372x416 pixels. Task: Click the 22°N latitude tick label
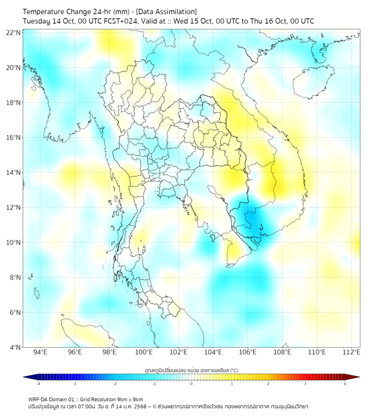(x=14, y=32)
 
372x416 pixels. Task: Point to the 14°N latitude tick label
(x=14, y=173)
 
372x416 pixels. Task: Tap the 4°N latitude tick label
(x=15, y=347)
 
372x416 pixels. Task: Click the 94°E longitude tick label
(x=40, y=352)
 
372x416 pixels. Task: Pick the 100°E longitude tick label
(x=144, y=352)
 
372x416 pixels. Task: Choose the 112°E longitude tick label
(x=352, y=352)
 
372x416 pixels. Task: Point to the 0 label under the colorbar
(x=192, y=384)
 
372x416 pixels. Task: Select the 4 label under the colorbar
(x=345, y=384)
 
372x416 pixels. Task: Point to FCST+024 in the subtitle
(x=112, y=21)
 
